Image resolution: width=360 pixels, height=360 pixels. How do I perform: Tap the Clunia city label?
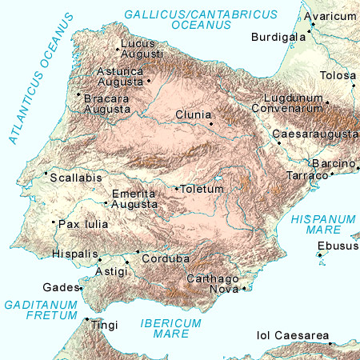click(192, 115)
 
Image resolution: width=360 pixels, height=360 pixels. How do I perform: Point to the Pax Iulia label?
click(83, 225)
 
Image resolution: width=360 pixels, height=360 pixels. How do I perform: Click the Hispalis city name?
click(73, 254)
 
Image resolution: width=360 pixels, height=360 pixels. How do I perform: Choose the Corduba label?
click(165, 259)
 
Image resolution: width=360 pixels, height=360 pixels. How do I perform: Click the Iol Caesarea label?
click(293, 335)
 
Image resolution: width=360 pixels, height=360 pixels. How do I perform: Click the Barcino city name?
click(333, 164)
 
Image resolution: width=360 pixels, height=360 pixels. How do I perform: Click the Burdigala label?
click(278, 38)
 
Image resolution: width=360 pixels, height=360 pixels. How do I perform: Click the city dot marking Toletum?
click(177, 189)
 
